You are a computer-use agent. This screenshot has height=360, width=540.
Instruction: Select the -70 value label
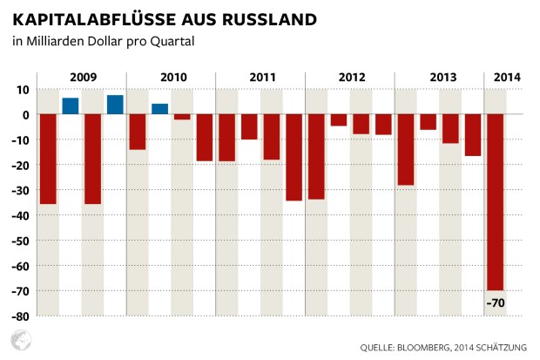(x=497, y=303)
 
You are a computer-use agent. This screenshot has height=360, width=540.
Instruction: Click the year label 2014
(x=507, y=78)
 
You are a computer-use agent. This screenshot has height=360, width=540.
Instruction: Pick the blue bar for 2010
(x=159, y=109)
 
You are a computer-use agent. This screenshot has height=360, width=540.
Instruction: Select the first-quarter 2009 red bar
(x=48, y=159)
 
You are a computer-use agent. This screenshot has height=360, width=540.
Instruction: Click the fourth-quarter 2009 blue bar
(x=115, y=105)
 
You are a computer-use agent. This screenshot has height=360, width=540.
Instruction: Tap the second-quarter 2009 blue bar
(x=71, y=105)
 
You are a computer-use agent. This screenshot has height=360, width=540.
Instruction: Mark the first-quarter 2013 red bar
(x=406, y=149)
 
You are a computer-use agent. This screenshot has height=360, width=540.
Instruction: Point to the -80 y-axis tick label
(x=20, y=316)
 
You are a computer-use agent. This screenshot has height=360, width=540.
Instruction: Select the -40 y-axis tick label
(x=20, y=215)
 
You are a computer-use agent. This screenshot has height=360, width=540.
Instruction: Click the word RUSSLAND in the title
(x=266, y=17)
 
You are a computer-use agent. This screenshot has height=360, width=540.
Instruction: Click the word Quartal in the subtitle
(x=172, y=42)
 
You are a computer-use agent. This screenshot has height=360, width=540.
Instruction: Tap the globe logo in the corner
(x=18, y=341)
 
